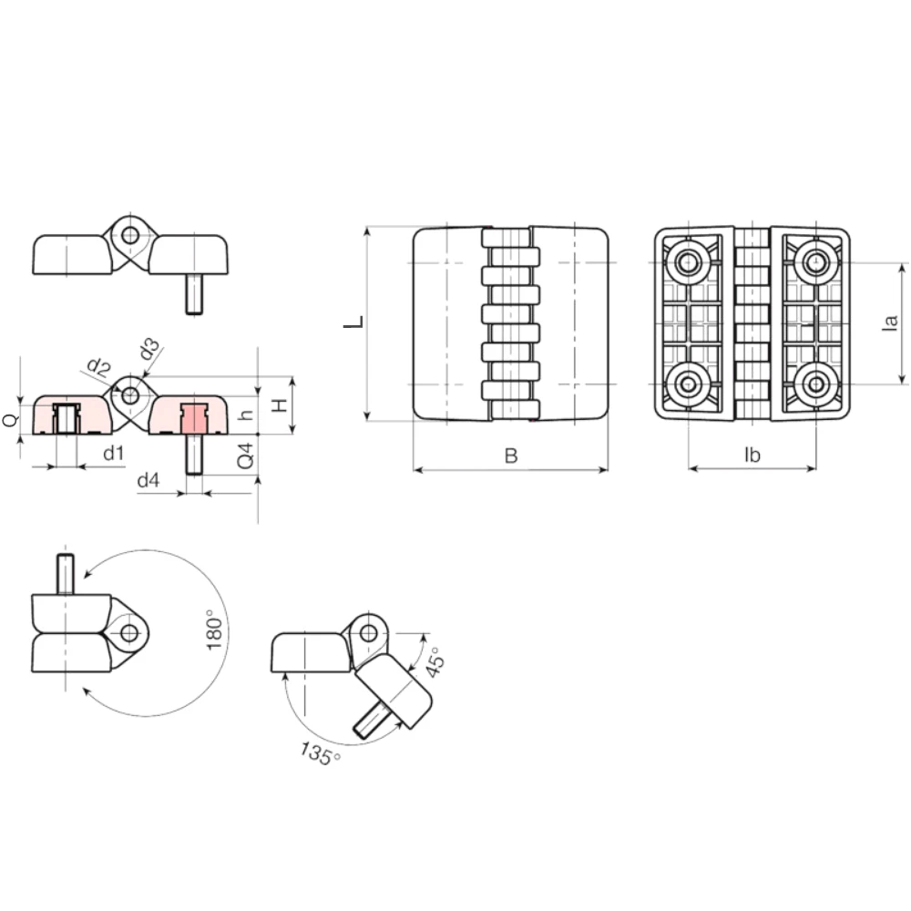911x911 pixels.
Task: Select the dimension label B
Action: coord(511,455)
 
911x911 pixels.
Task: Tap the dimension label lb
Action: coord(752,455)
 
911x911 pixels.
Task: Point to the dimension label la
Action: coord(890,322)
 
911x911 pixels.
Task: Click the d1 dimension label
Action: coord(114,453)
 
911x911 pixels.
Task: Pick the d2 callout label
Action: coord(98,367)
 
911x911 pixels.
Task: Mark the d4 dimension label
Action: coord(148,480)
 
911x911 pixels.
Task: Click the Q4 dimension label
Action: coord(246,456)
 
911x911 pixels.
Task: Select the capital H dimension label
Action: coord(280,404)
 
